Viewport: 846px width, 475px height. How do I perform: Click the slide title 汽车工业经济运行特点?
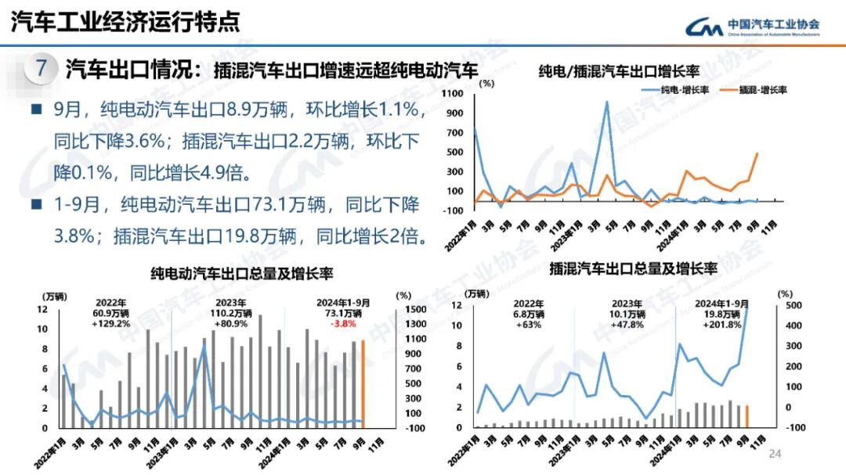click(125, 22)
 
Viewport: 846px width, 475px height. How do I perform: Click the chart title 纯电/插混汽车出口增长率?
click(619, 71)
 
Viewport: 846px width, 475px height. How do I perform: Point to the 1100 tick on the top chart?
click(454, 92)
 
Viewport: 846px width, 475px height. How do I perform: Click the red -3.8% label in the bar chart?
click(343, 323)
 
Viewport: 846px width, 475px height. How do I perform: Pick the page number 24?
click(776, 454)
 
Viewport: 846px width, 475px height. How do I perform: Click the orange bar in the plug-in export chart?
click(747, 416)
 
